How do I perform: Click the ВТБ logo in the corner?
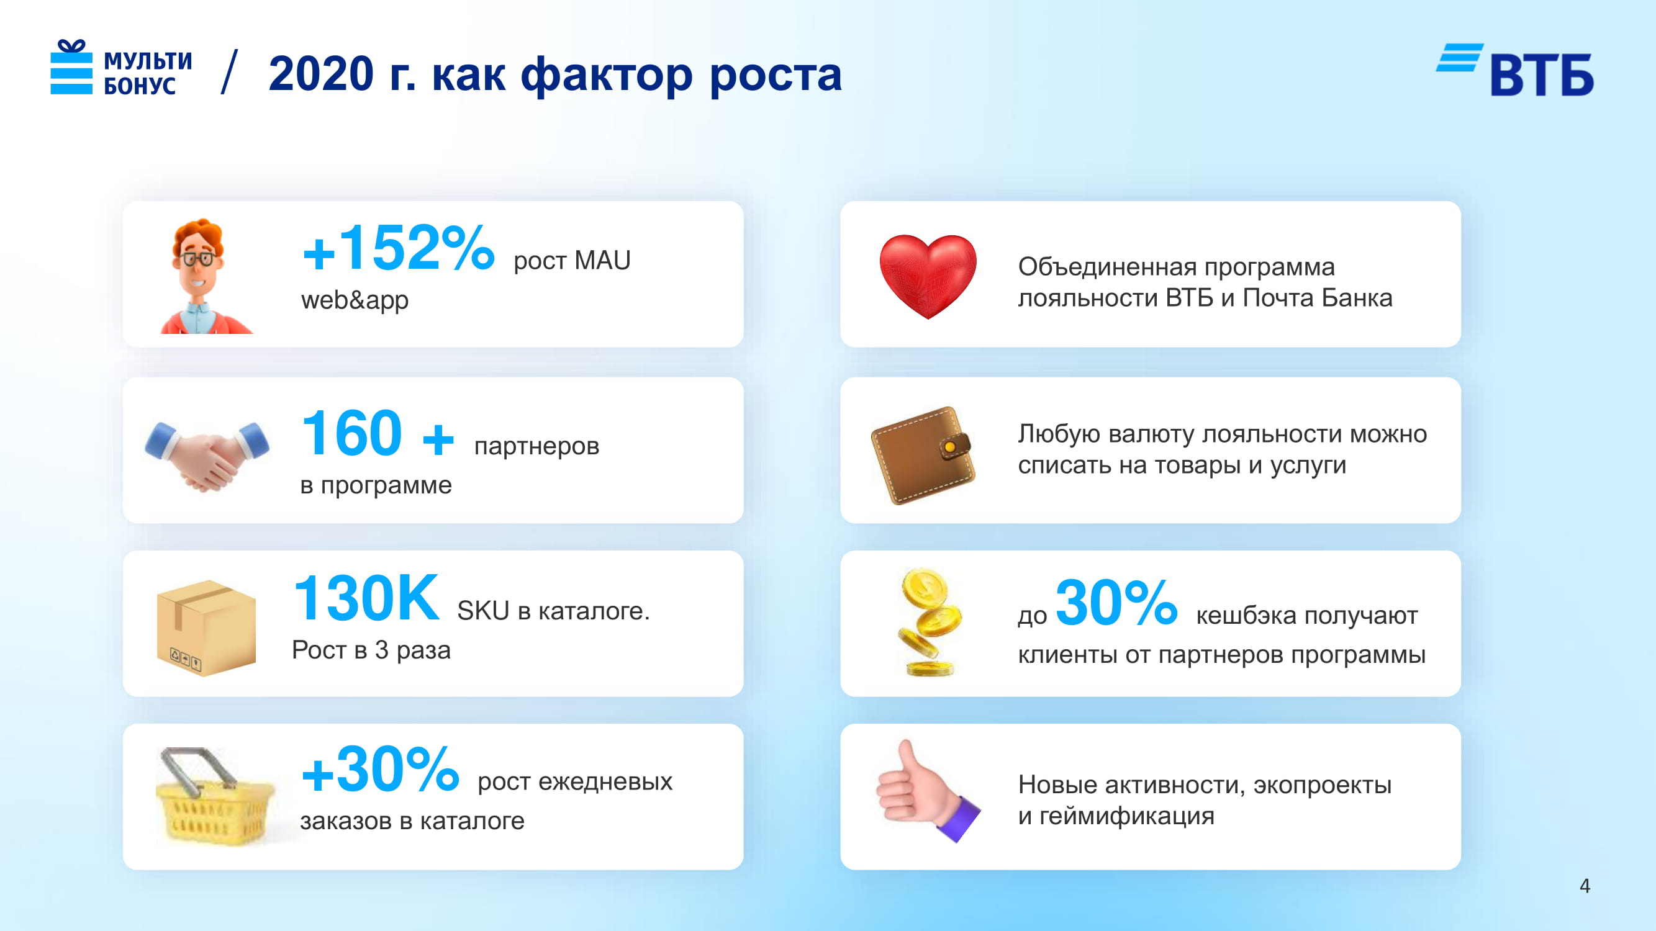tap(1514, 70)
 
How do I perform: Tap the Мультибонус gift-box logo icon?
tap(71, 67)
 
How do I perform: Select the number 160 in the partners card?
tap(351, 434)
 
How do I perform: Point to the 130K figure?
tap(366, 598)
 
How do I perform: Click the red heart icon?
tap(928, 276)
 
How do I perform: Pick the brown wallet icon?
tap(923, 455)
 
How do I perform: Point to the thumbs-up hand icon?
tap(927, 790)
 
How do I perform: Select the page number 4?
tap(1585, 886)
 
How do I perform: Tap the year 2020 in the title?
tap(322, 74)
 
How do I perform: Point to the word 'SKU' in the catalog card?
tap(484, 610)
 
